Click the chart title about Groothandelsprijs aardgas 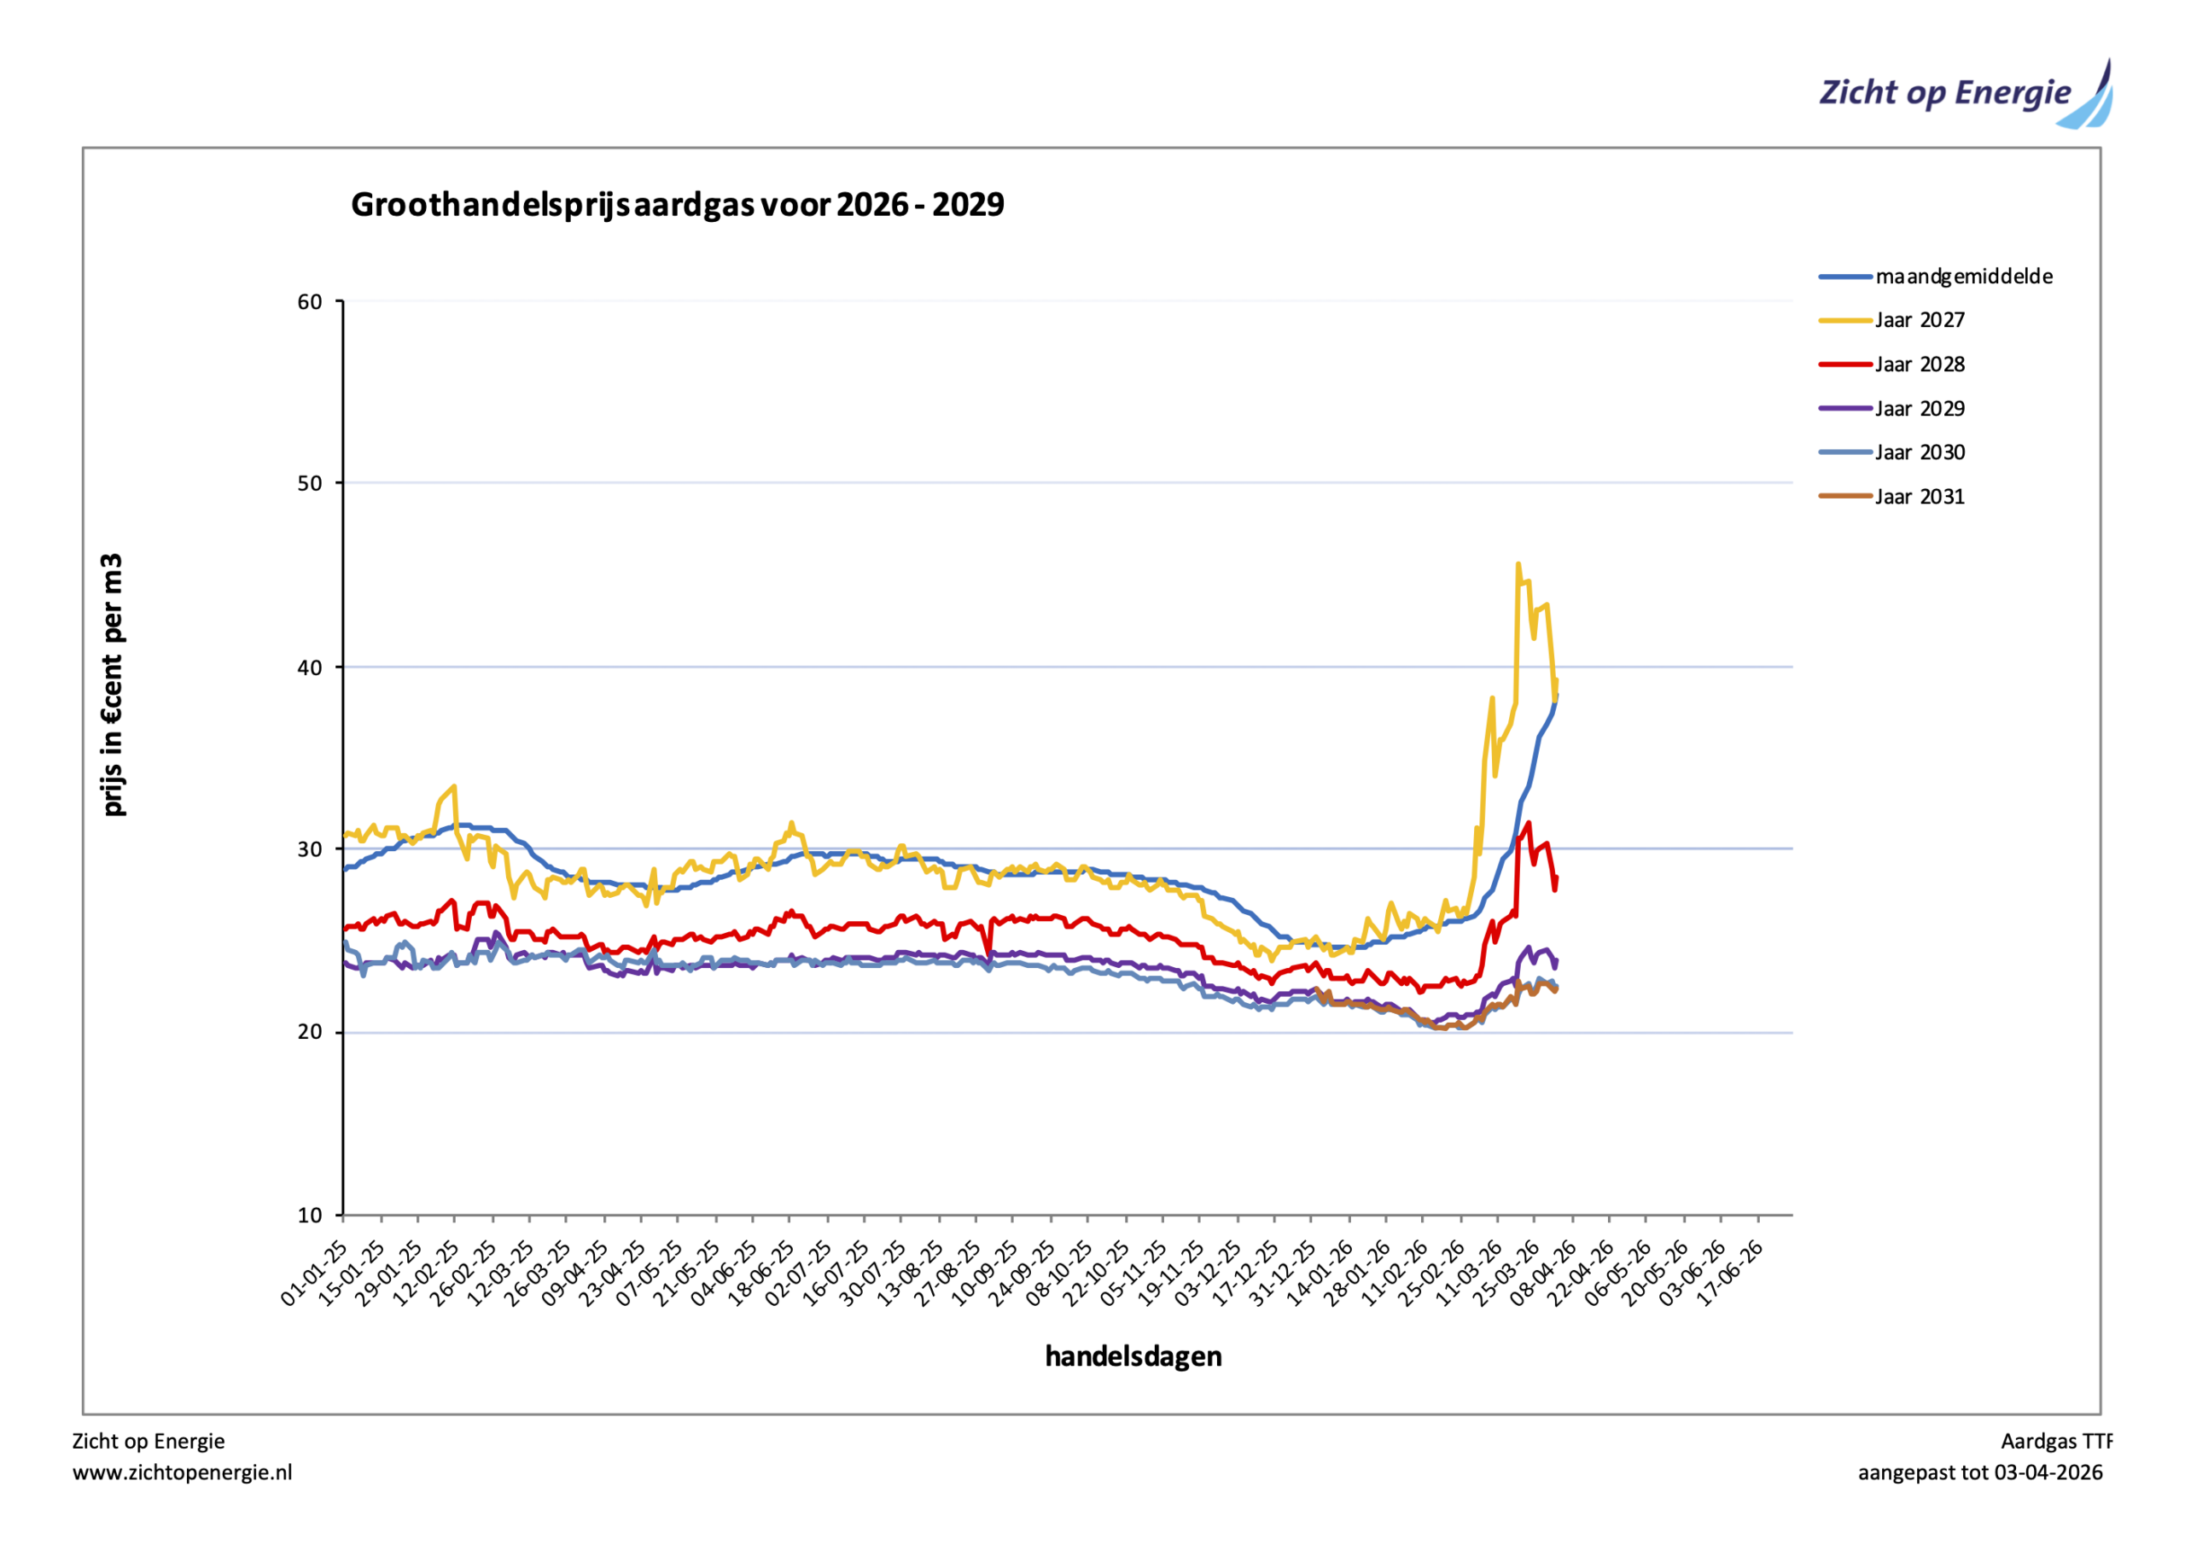point(677,205)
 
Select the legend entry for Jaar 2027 point(1919,321)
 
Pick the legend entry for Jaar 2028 point(1919,364)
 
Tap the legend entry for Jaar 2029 point(1919,408)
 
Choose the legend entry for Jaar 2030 point(1919,452)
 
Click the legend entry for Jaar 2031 point(1919,497)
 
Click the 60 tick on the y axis point(310,303)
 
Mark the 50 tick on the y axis point(310,484)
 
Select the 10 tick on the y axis point(310,1216)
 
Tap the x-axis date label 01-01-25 point(315,1273)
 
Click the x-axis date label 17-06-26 point(1731,1273)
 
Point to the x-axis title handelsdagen point(1133,1356)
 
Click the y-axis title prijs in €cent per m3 point(114,685)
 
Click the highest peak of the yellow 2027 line point(1518,564)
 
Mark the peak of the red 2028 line point(1529,824)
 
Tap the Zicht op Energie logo point(1964,94)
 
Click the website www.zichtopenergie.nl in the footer point(183,1472)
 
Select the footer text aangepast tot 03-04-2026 point(1979,1472)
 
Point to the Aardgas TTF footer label point(2055,1441)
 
